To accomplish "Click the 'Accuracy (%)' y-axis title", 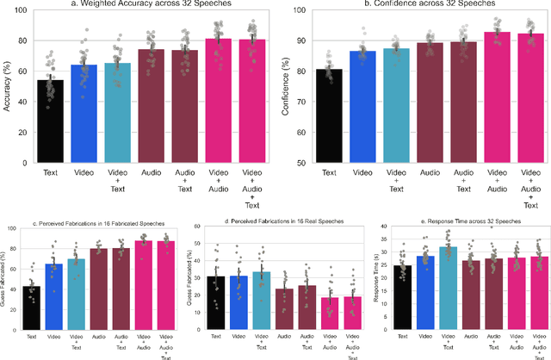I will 8,87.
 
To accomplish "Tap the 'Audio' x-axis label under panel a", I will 147,172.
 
